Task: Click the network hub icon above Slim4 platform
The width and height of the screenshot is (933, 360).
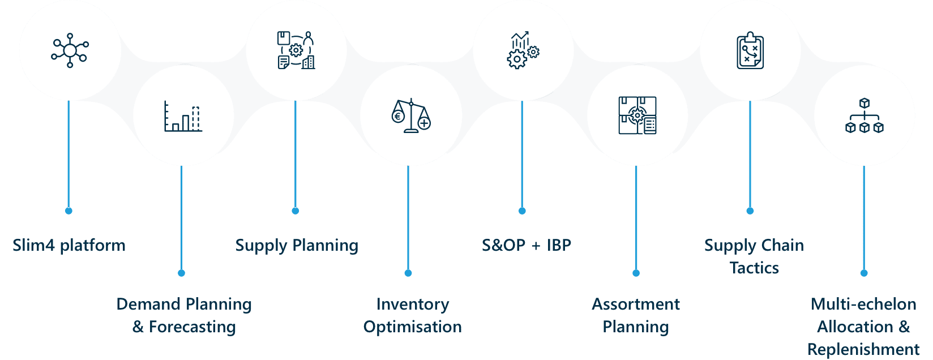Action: pos(70,51)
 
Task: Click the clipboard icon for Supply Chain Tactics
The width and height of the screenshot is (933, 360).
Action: pos(750,52)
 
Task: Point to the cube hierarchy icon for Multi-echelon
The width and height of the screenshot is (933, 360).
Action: pos(864,115)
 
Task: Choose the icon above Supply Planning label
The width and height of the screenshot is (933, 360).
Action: pos(296,50)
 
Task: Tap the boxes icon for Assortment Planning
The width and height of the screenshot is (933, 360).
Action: pos(637,115)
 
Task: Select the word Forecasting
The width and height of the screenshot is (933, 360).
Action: pos(192,327)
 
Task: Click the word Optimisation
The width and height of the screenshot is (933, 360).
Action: pos(413,327)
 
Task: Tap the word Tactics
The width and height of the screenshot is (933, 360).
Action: pos(754,268)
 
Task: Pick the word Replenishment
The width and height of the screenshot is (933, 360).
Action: pos(864,349)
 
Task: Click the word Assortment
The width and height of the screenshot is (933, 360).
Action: pos(636,305)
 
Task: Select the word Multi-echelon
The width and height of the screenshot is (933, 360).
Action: pos(864,305)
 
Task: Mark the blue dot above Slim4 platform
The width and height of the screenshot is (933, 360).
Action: pos(69,211)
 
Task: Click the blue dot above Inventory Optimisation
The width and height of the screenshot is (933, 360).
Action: pos(408,273)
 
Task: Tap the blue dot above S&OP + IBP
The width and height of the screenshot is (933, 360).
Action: pos(522,211)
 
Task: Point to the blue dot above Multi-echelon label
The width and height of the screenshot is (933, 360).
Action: pos(864,273)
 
